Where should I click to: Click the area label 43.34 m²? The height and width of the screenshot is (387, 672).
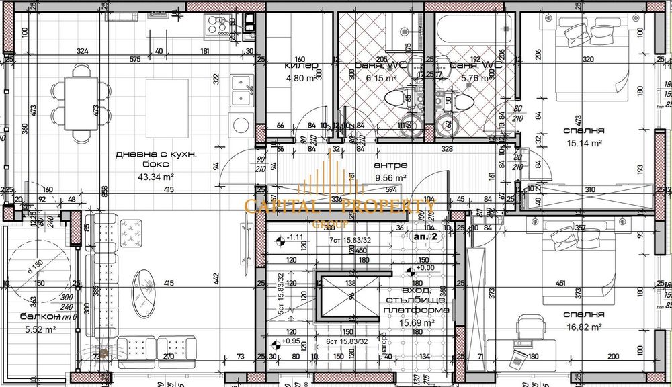pyautogui.click(x=155, y=177)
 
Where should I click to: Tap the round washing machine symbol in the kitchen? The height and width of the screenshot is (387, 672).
pyautogui.click(x=239, y=125)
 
